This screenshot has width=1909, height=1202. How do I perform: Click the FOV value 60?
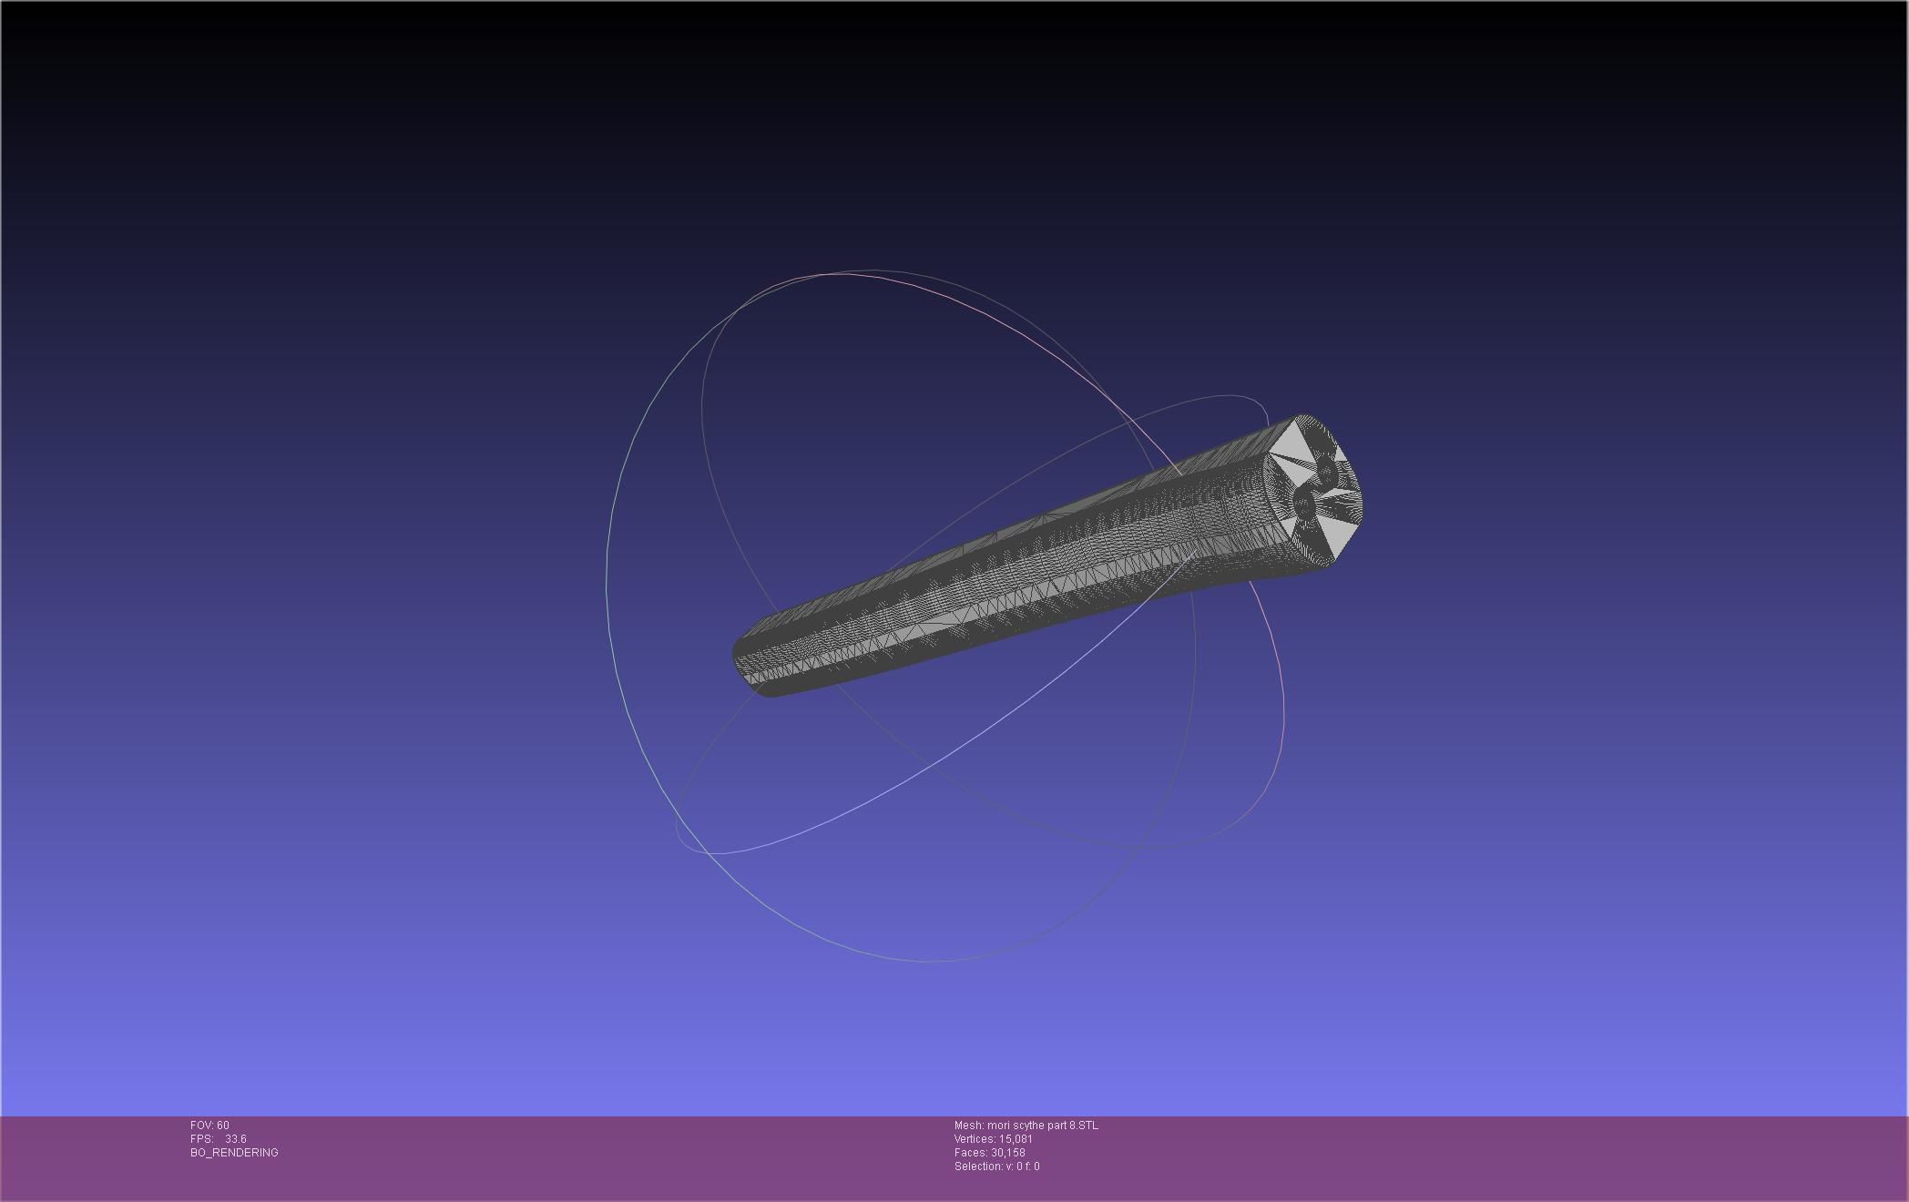(223, 1126)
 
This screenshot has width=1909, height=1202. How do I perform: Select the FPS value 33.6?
(236, 1139)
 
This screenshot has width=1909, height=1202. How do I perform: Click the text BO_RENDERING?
(234, 1153)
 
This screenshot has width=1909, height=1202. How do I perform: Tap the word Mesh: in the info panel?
(969, 1126)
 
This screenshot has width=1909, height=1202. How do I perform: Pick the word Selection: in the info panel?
(978, 1166)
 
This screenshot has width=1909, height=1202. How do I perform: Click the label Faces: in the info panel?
(971, 1153)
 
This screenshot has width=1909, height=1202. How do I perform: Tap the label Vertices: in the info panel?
(975, 1139)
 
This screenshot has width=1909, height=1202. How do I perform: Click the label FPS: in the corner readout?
(201, 1139)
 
